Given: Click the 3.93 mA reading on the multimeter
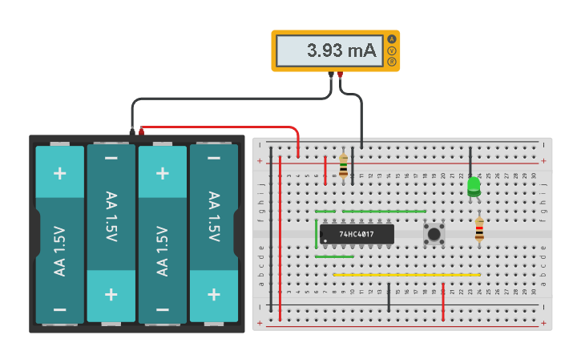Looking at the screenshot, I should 341,50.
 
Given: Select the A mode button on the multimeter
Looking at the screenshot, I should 392,39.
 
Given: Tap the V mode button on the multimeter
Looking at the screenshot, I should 392,50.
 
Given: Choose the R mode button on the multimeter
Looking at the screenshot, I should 392,62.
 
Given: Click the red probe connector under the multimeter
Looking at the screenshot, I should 340,76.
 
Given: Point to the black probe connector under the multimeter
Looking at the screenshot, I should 331,76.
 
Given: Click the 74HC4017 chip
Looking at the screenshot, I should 357,234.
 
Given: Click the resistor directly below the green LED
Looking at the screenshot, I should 479,230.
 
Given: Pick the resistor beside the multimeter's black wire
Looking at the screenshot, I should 344,167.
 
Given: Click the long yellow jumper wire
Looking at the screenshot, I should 406,275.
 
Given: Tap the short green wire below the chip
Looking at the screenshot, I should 334,256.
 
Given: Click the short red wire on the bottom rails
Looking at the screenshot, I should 443,300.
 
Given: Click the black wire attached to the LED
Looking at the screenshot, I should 470,160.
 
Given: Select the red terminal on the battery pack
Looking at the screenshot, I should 142,130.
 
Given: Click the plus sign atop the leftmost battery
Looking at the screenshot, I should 59,173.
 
